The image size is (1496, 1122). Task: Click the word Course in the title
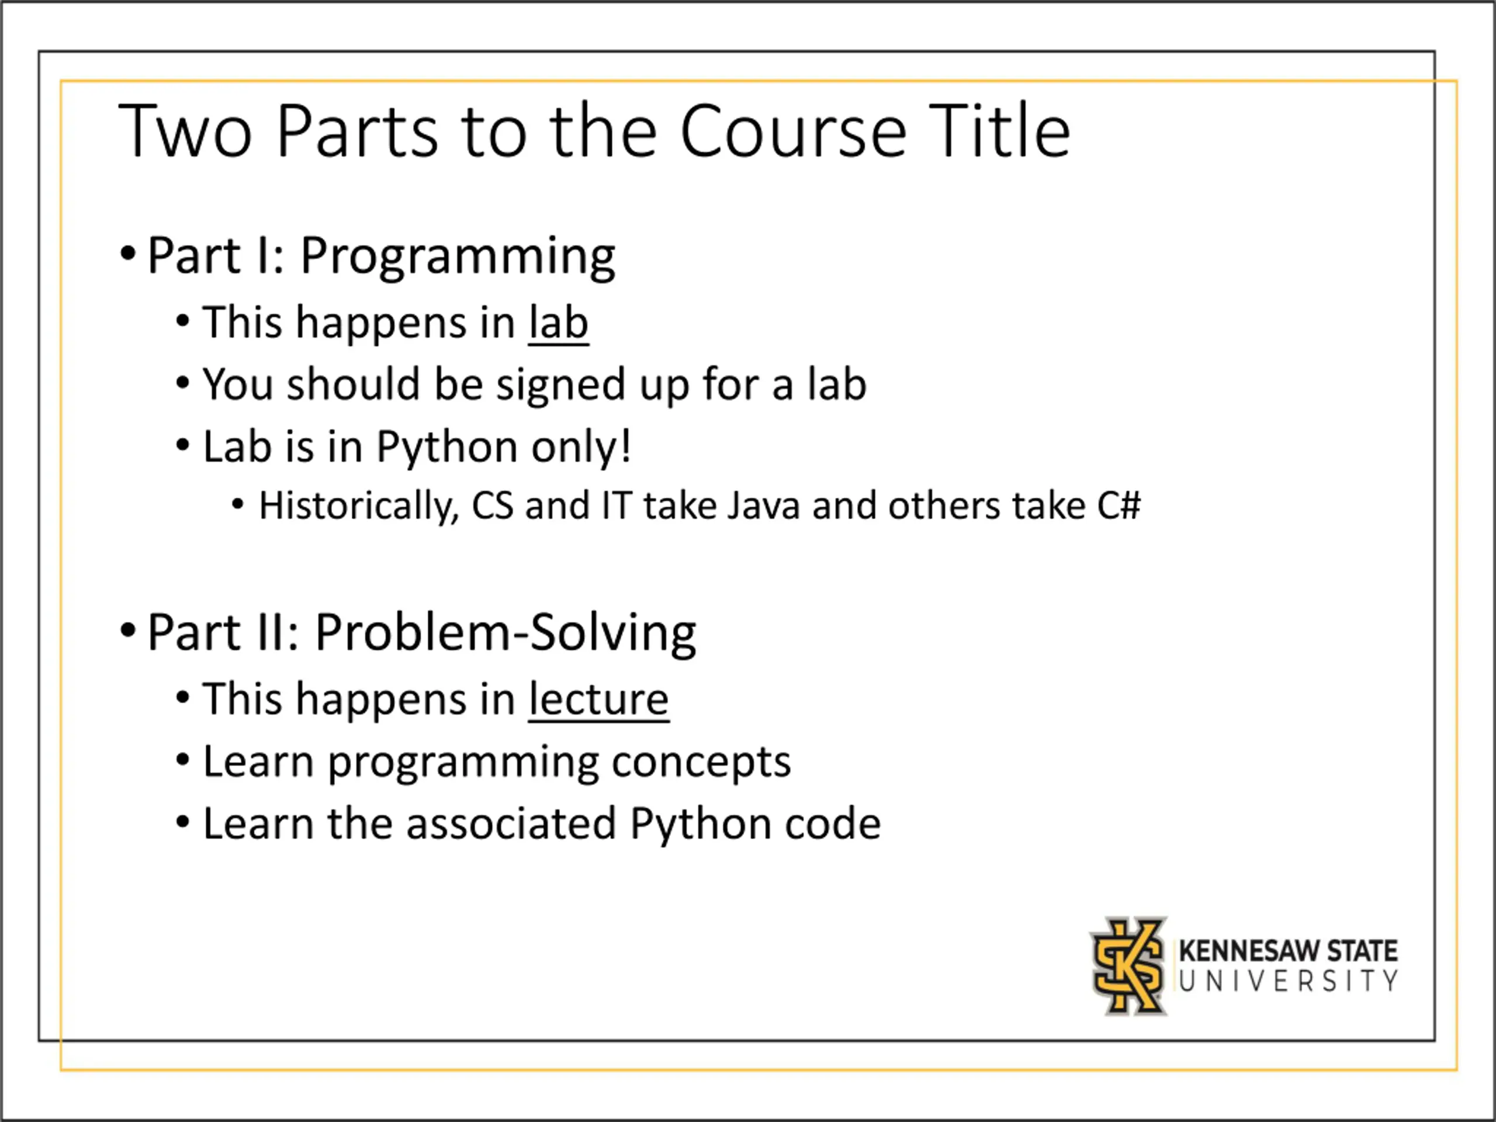pos(792,132)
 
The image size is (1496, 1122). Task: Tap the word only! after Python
pos(581,447)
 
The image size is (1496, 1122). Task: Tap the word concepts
pos(701,763)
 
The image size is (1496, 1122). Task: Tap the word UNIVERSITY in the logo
pos(1289,981)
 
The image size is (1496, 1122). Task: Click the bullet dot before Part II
pos(128,631)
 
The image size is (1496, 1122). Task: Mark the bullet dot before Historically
pos(237,504)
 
